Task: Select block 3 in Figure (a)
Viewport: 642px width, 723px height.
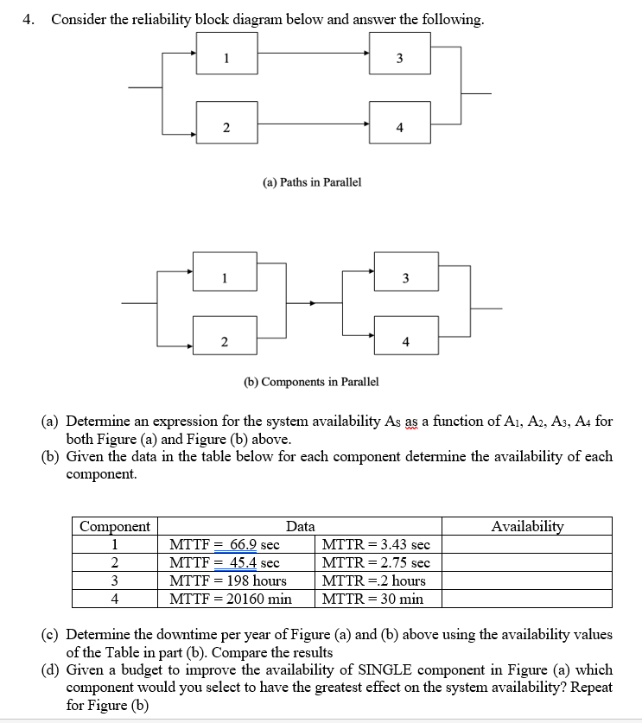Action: point(399,58)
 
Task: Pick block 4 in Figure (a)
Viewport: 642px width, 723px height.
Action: point(399,127)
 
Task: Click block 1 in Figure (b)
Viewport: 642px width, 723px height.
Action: point(225,277)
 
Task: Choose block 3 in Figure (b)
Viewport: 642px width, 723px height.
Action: point(405,277)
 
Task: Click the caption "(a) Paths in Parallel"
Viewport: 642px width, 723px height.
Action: point(311,182)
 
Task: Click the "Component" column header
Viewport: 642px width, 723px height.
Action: point(115,526)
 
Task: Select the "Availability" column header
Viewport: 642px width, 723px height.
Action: point(527,526)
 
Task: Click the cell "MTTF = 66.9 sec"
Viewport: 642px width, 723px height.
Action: point(225,544)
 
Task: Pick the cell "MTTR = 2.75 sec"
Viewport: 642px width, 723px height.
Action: point(375,562)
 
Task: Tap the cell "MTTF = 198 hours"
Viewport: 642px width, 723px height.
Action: point(228,580)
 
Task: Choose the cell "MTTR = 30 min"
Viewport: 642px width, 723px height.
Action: point(372,599)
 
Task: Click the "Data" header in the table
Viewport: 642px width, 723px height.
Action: point(301,526)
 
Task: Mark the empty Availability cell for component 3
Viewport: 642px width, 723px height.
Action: point(527,580)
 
